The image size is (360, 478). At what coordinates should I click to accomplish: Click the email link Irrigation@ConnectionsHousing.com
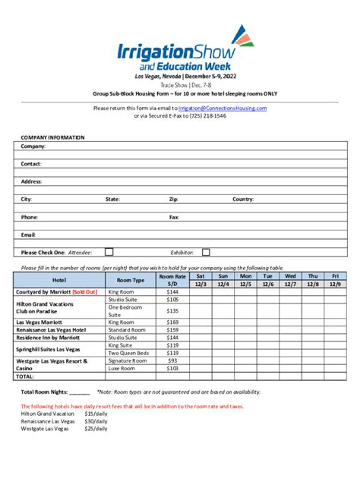click(222, 108)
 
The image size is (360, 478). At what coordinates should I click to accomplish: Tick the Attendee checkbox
click(109, 252)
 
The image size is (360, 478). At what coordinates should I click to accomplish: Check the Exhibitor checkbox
click(207, 252)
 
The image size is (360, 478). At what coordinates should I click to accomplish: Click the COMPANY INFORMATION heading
click(52, 137)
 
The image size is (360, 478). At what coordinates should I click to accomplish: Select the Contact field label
click(31, 164)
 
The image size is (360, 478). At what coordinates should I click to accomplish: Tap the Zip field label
click(174, 200)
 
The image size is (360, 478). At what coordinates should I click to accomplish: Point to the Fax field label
click(174, 217)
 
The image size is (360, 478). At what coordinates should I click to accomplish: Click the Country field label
click(243, 200)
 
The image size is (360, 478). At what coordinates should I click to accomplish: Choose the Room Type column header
click(131, 280)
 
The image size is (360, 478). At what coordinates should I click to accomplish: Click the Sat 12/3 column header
click(201, 280)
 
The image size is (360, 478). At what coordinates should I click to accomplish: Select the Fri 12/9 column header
click(335, 280)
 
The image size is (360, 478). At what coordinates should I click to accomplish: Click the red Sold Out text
click(85, 292)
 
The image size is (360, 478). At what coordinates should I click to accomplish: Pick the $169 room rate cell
click(172, 322)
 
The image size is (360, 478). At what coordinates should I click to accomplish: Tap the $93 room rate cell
click(172, 360)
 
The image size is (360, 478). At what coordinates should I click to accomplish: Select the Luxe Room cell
click(122, 368)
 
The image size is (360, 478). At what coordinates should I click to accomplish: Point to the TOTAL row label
click(26, 376)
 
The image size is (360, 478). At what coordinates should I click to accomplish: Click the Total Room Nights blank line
click(80, 392)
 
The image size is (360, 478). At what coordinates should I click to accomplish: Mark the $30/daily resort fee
click(95, 420)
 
